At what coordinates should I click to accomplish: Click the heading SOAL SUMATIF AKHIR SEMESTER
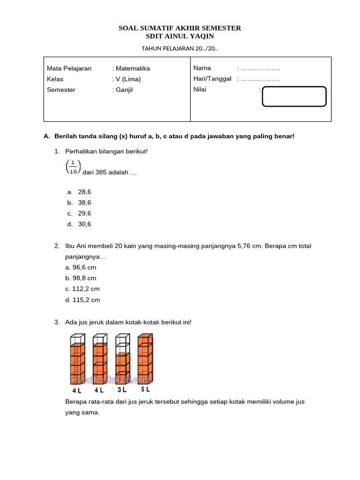(x=180, y=28)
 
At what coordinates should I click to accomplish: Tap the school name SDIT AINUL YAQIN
(x=180, y=37)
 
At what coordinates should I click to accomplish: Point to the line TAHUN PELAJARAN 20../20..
(x=180, y=48)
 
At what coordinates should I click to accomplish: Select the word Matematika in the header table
(x=133, y=68)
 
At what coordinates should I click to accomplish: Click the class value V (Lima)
(x=128, y=79)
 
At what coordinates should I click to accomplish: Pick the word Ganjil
(x=124, y=90)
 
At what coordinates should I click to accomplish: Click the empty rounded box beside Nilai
(x=294, y=97)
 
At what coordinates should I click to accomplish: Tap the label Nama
(x=202, y=68)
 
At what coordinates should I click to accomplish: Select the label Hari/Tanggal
(x=212, y=79)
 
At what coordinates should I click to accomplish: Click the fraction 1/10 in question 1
(x=73, y=167)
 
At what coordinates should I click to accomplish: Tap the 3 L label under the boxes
(x=122, y=390)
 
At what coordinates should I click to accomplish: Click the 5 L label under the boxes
(x=145, y=390)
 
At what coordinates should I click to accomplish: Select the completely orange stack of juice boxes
(x=145, y=359)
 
